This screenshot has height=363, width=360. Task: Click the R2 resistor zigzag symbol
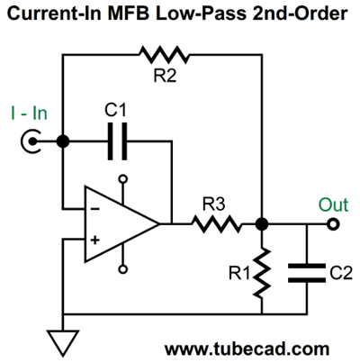click(164, 55)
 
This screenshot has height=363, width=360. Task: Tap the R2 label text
click(165, 76)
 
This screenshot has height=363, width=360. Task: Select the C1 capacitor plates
click(117, 141)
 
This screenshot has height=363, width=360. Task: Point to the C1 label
click(116, 110)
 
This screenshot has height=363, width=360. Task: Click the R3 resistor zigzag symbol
click(216, 223)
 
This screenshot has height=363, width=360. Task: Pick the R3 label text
click(213, 204)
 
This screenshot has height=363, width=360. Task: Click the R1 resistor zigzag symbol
click(262, 273)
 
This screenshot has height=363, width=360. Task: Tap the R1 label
click(239, 273)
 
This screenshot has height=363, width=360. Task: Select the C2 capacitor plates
click(307, 273)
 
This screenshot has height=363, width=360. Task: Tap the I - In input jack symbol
click(31, 141)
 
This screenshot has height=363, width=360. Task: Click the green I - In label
click(29, 113)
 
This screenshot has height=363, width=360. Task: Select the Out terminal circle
click(333, 224)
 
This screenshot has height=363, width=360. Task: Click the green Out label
click(333, 204)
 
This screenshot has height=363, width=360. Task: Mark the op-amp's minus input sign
click(95, 209)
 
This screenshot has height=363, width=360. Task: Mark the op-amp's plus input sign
click(95, 240)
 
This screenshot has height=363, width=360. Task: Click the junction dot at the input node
click(63, 141)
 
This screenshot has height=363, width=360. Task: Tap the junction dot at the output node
click(262, 224)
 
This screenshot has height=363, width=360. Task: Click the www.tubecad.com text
click(247, 349)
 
